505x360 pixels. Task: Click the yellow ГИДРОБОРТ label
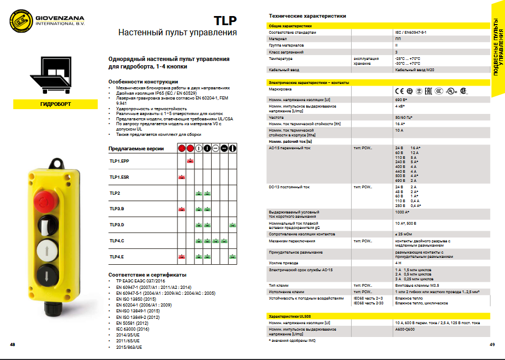(x=55, y=104)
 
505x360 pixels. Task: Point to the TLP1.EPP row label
(x=120, y=161)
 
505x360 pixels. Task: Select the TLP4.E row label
(x=117, y=257)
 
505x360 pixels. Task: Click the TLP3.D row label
(x=117, y=225)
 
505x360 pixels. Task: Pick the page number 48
(x=12, y=344)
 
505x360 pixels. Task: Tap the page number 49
(x=492, y=344)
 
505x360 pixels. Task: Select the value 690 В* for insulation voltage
(x=401, y=100)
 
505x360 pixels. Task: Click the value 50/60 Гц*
(x=403, y=117)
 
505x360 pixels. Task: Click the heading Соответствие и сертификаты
(x=147, y=274)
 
